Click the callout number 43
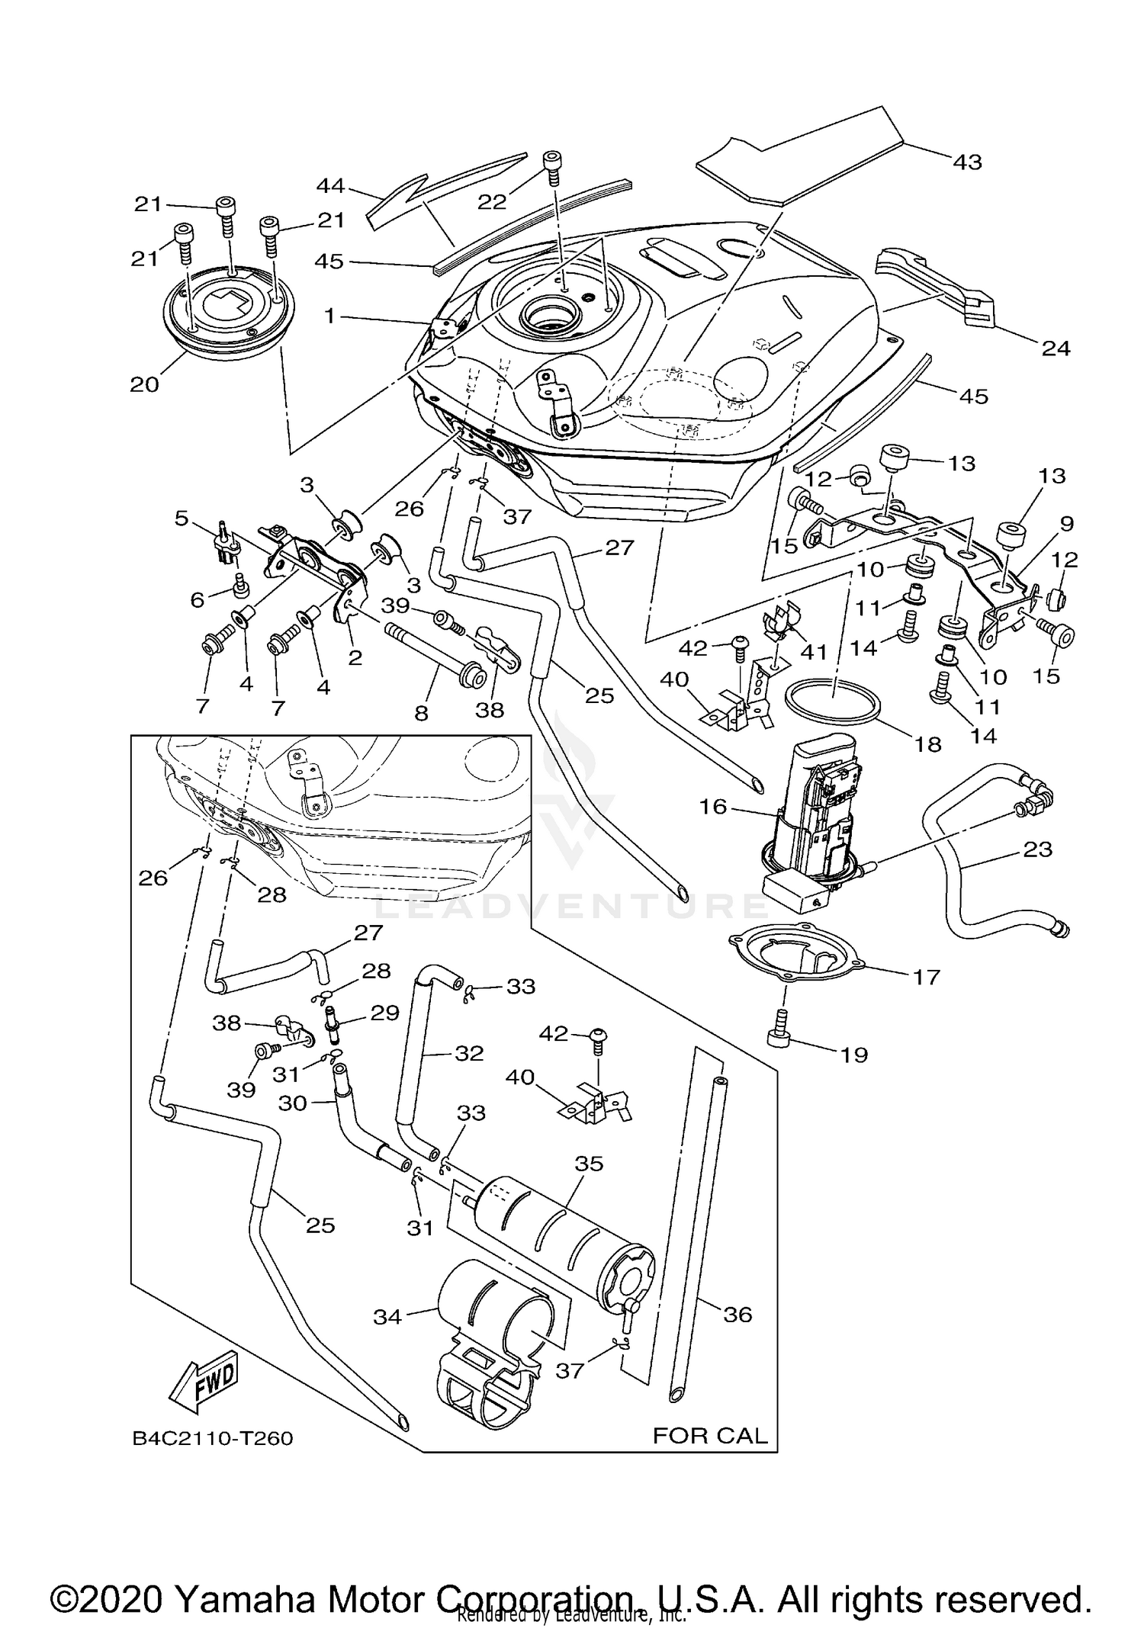967,162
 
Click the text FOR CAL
709,1436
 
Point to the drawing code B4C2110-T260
213,1438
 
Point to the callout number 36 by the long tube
737,1314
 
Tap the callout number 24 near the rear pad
1056,348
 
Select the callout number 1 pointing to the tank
329,315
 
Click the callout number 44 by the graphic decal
331,186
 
